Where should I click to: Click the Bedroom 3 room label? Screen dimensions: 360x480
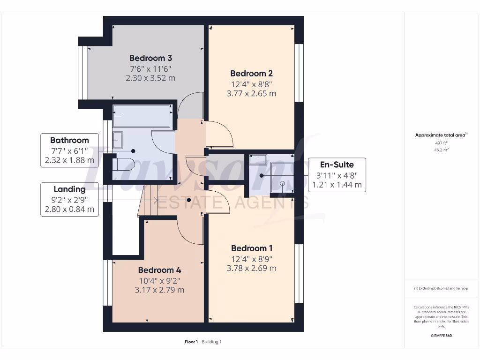(x=150, y=58)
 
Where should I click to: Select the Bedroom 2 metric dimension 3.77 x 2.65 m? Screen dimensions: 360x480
(x=251, y=93)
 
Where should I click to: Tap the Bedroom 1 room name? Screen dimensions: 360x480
(x=251, y=248)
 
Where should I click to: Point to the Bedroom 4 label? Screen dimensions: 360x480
(x=159, y=270)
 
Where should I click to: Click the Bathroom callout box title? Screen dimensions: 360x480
(x=69, y=140)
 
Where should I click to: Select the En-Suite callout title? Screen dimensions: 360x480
(x=337, y=165)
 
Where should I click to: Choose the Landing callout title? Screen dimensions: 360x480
(x=69, y=189)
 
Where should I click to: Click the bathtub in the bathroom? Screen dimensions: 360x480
(x=141, y=116)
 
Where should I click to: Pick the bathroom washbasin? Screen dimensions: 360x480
(x=118, y=140)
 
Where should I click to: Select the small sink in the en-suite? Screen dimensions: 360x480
(x=257, y=159)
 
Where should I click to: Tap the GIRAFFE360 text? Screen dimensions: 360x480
(x=441, y=336)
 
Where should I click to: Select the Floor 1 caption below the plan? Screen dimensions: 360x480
(x=191, y=342)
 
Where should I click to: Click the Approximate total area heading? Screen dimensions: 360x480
(x=440, y=135)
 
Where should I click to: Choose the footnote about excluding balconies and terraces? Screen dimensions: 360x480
(x=441, y=288)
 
